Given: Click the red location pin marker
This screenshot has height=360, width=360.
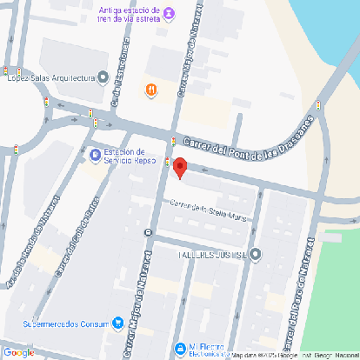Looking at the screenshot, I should coord(180,167).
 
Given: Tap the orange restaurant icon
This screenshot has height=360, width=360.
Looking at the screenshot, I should coord(151,89).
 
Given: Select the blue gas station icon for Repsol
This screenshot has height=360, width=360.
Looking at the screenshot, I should coord(95,156).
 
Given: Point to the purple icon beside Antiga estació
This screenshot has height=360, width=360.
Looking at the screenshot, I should coord(169,12).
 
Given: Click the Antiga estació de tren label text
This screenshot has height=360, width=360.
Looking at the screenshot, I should coord(130,12).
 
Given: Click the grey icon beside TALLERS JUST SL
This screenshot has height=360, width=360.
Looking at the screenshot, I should coord(256,254).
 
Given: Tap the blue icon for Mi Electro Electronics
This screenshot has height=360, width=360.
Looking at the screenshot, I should coord(180,348).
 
